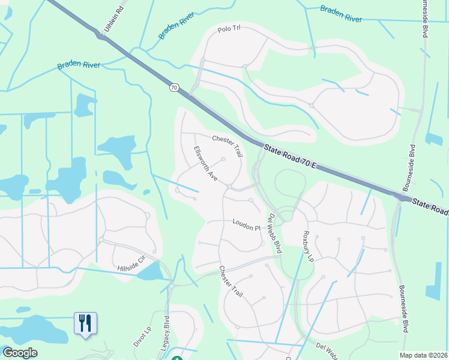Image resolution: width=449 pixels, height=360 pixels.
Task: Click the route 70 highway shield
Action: coord(174,88)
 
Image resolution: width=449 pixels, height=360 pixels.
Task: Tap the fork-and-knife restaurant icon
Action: coord(85,323)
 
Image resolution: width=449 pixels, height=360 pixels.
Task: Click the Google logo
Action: coord(20,353)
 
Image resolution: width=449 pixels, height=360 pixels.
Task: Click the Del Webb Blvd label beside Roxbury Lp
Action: coord(276,233)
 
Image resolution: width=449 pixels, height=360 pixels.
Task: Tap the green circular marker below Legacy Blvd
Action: coord(176,359)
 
